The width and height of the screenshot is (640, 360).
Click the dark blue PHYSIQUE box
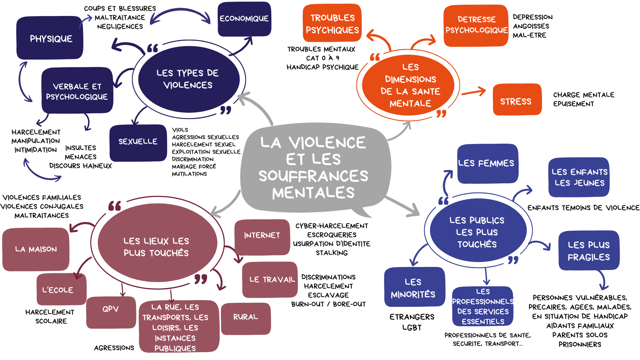point(50,38)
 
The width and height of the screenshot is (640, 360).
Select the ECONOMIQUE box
point(244,19)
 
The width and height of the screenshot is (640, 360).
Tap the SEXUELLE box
point(138,142)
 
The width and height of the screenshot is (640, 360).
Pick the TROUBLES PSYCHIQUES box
point(332,23)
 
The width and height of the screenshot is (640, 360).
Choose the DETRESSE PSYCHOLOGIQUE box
point(476,25)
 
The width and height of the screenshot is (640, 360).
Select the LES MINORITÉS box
point(414,287)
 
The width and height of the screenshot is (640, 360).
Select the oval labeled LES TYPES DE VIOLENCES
point(189,79)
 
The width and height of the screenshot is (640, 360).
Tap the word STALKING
point(332,253)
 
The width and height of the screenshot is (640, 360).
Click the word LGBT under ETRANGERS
point(412,328)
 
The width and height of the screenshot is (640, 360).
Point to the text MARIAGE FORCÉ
point(194,167)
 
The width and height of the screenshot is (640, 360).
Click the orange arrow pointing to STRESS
point(473,92)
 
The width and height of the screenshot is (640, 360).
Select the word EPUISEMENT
point(573,104)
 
